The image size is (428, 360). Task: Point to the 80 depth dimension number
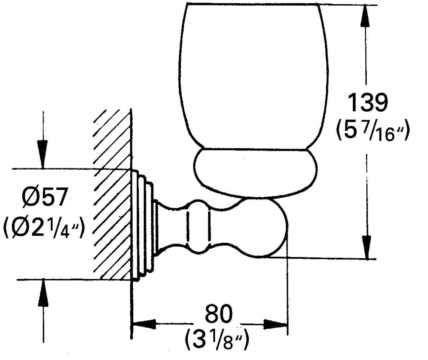click(219, 314)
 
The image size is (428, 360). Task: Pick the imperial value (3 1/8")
click(217, 341)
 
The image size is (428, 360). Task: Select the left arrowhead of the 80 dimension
click(144, 324)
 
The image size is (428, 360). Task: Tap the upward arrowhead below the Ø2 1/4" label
click(43, 292)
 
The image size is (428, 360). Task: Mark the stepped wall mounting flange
click(142, 225)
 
